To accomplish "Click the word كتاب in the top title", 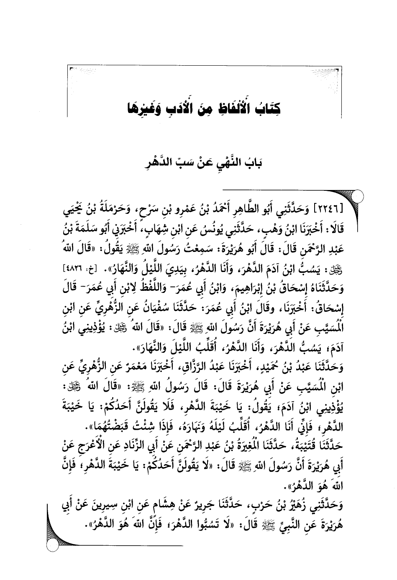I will [266, 110].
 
